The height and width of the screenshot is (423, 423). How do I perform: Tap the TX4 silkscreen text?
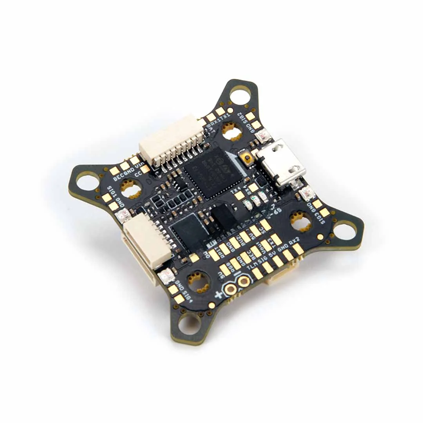point(236,190)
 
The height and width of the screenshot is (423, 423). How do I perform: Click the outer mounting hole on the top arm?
point(240,94)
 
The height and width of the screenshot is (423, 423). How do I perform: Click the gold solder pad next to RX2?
point(298,249)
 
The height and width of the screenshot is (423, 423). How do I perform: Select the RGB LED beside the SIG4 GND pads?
point(166,277)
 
